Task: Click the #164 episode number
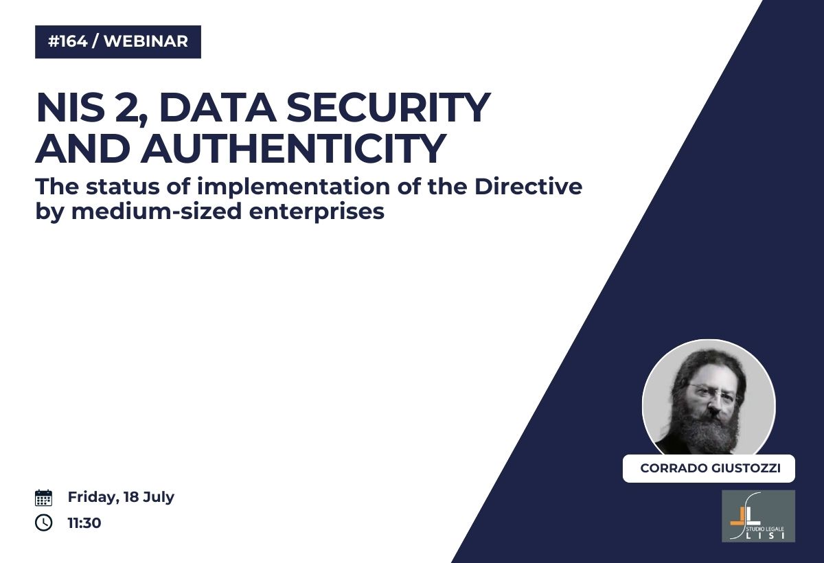pyautogui.click(x=68, y=41)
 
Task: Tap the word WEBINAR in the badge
pyautogui.click(x=146, y=41)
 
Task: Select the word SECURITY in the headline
pyautogui.click(x=388, y=107)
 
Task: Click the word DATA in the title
pyautogui.click(x=218, y=107)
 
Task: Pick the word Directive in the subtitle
pyautogui.click(x=528, y=186)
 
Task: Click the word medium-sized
pyautogui.click(x=157, y=211)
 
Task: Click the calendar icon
pyautogui.click(x=43, y=498)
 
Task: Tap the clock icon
pyautogui.click(x=43, y=522)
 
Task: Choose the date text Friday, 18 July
pyautogui.click(x=121, y=498)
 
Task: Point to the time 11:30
pyautogui.click(x=84, y=523)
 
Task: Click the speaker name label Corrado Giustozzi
pyautogui.click(x=710, y=468)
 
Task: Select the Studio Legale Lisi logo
pyautogui.click(x=758, y=516)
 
